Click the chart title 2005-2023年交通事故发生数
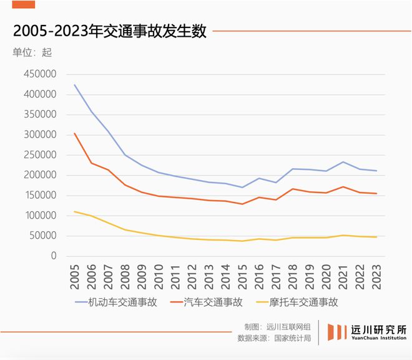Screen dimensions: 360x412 (x=109, y=31)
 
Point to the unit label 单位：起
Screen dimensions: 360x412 (x=32, y=52)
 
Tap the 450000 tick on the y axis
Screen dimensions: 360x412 (x=39, y=74)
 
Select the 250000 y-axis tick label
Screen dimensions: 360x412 (x=39, y=155)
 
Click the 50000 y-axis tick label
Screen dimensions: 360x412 (x=42, y=236)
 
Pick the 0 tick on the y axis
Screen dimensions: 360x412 (x=54, y=256)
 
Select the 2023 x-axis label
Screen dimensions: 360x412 (x=376, y=274)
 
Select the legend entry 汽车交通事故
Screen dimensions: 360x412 (x=213, y=302)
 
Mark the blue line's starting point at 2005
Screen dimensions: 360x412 (x=75, y=85)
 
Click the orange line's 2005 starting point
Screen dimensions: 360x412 (x=75, y=133)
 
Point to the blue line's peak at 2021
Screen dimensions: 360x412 (x=341, y=162)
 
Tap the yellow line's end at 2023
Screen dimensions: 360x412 (x=376, y=237)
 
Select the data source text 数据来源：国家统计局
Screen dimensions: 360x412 (x=274, y=338)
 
